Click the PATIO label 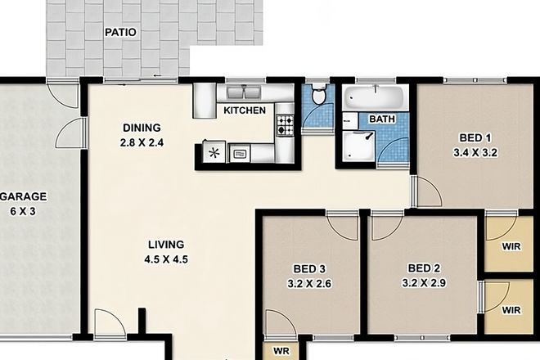point(120,33)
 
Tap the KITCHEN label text point(245,110)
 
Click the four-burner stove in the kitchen point(285,125)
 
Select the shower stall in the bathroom point(358,148)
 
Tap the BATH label point(382,119)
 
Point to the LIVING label point(166,245)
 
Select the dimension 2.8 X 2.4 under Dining point(142,143)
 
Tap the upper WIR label point(511,245)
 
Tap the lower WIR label point(511,311)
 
